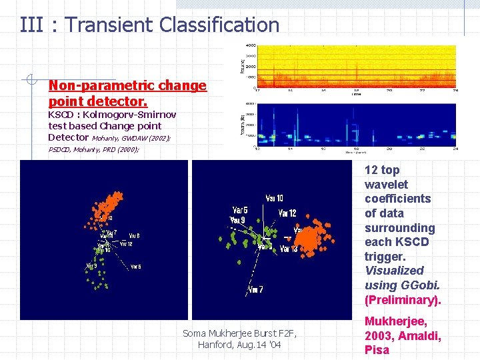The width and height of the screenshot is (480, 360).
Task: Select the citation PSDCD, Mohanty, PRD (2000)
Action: tap(93, 150)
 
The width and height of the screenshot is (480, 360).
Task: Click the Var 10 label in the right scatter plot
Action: tap(274, 198)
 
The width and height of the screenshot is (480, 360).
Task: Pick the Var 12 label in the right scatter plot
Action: tap(287, 213)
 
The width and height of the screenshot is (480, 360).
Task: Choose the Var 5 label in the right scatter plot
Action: tap(240, 211)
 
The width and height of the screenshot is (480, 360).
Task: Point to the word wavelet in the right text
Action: tap(386, 184)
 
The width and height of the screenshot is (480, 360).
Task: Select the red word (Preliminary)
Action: tap(403, 299)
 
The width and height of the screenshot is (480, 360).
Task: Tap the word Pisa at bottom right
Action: tap(377, 350)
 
